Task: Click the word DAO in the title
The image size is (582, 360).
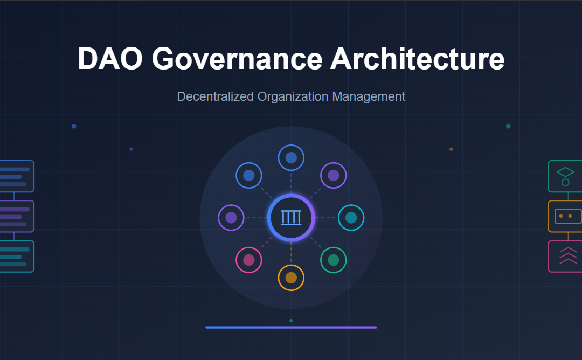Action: (x=109, y=59)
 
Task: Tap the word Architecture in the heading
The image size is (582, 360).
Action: (x=417, y=59)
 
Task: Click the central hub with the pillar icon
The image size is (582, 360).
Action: (x=291, y=218)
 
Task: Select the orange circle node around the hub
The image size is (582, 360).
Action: (x=291, y=278)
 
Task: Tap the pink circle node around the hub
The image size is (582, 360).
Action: (x=248, y=260)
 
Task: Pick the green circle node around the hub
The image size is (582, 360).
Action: (x=334, y=260)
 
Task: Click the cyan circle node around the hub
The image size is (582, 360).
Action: (x=351, y=218)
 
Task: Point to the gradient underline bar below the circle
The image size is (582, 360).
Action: (x=291, y=327)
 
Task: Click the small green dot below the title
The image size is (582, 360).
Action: (x=508, y=126)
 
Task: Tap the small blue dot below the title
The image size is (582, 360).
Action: (x=74, y=126)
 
